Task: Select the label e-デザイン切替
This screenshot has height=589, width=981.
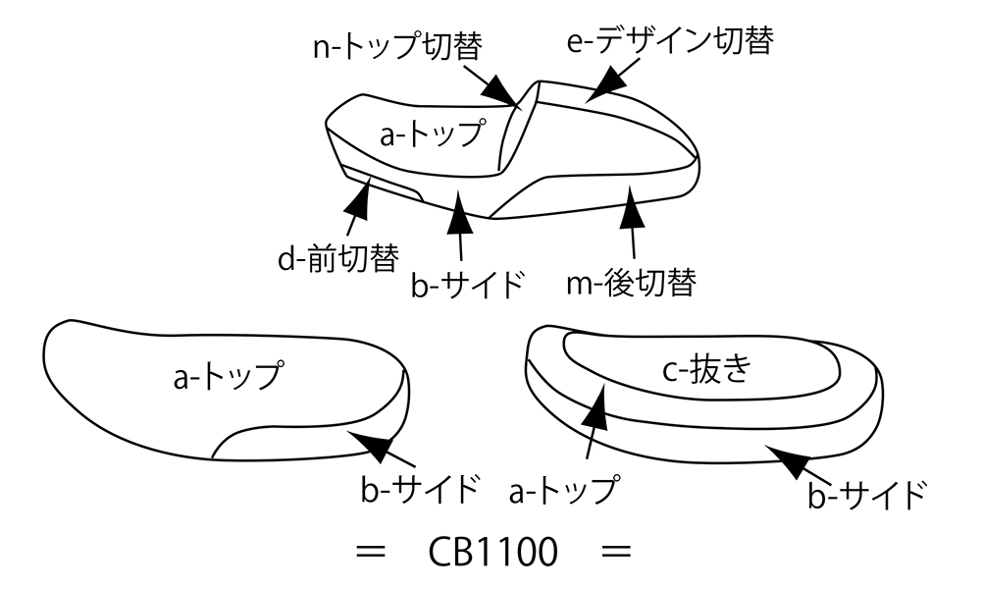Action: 672,40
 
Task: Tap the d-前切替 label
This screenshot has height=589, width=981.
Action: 337,259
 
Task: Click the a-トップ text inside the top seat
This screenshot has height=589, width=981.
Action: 432,134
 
